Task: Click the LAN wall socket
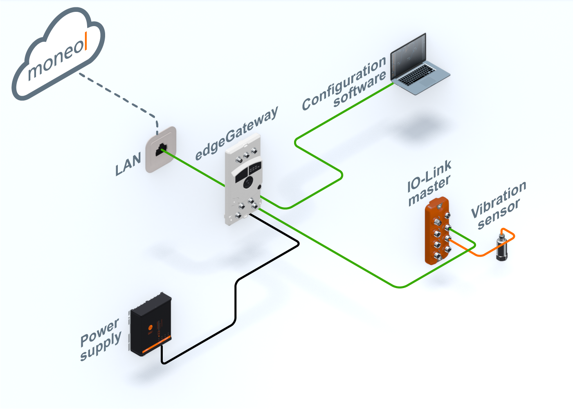click(161, 150)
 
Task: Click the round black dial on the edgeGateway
click(248, 183)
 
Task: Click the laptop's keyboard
click(417, 76)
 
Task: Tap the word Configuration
click(344, 84)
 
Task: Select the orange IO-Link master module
click(438, 231)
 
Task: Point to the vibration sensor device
click(501, 248)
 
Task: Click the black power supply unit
click(151, 325)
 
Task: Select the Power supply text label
click(100, 339)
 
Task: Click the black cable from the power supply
click(236, 302)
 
